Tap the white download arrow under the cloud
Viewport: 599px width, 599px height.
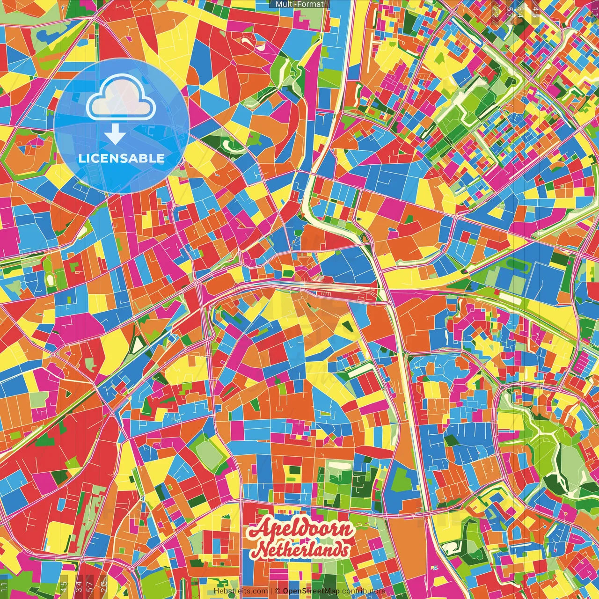coord(115,135)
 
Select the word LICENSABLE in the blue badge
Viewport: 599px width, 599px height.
coord(122,158)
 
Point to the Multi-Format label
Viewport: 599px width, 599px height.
coord(299,4)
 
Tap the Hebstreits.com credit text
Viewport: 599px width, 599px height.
coord(241,591)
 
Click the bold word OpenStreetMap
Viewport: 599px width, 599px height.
coord(311,591)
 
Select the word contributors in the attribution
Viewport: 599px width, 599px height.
coord(364,591)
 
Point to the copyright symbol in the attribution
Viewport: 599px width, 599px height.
coord(278,591)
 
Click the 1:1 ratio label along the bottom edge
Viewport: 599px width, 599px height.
coord(4,587)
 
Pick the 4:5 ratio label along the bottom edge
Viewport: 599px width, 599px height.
coord(64,587)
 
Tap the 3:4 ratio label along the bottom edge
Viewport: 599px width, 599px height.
coord(79,587)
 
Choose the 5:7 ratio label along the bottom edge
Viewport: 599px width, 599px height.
coord(90,587)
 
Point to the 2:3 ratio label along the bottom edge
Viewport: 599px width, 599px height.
coord(103,587)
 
